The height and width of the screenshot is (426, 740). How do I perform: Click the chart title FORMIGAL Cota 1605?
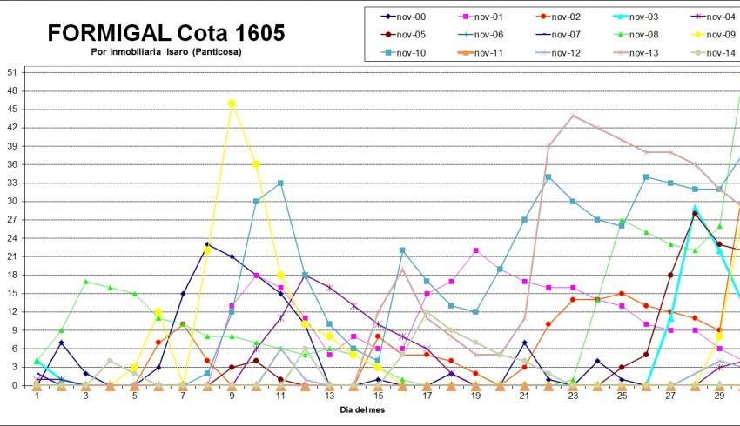pos(165,33)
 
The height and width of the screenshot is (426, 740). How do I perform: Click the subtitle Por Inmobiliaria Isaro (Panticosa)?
pos(165,52)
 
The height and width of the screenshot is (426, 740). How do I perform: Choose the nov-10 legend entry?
pos(410,53)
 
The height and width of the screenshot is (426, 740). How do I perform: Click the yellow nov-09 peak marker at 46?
pos(232,103)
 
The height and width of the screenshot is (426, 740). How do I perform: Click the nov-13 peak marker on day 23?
pos(573,115)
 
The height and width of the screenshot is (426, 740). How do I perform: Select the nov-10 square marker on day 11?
pos(280,183)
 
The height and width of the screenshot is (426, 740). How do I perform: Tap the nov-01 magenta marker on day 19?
pos(475,250)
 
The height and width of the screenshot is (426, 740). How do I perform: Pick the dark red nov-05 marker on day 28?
pos(695,214)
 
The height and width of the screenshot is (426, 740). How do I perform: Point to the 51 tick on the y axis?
pos(12,72)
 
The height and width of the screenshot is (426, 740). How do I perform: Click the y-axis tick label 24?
pos(12,238)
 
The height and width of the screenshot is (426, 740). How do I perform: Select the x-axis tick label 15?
pos(378,396)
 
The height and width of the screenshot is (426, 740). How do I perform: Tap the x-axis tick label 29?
pos(719,396)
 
